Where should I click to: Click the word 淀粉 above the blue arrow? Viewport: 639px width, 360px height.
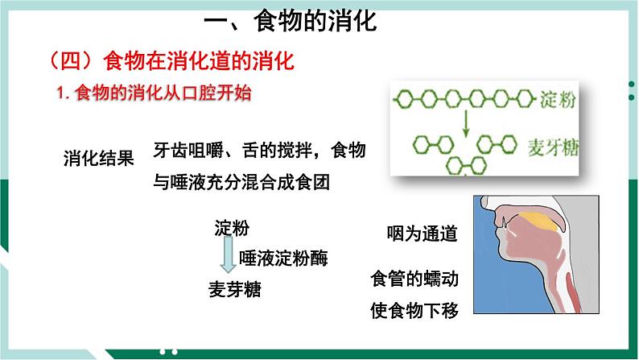[x=232, y=228]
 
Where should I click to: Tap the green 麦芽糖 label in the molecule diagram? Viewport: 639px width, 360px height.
[x=555, y=147]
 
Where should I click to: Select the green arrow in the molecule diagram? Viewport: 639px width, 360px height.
[x=465, y=123]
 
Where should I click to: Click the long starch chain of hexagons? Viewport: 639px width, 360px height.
[x=463, y=101]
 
